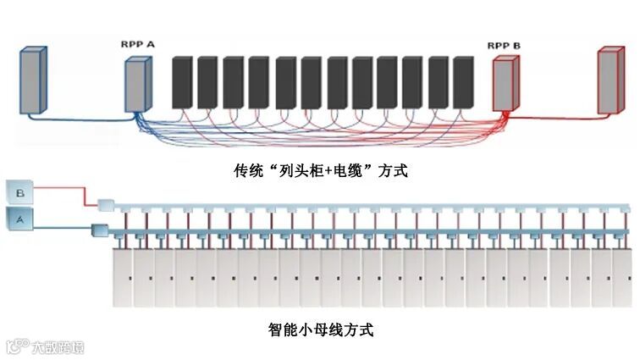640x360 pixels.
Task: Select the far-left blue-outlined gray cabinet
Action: click(x=32, y=81)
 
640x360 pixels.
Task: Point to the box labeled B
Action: click(x=21, y=194)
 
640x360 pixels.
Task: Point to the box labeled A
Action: click(x=21, y=219)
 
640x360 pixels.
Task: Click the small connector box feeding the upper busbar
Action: click(x=106, y=205)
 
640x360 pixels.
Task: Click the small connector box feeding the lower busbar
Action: click(x=97, y=230)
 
